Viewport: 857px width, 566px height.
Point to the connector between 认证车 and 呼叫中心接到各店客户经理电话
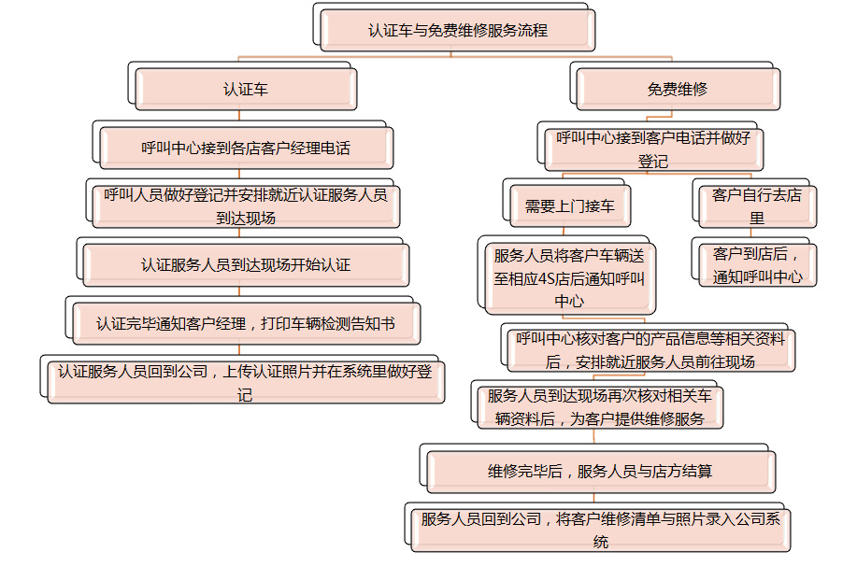pos(239,115)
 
